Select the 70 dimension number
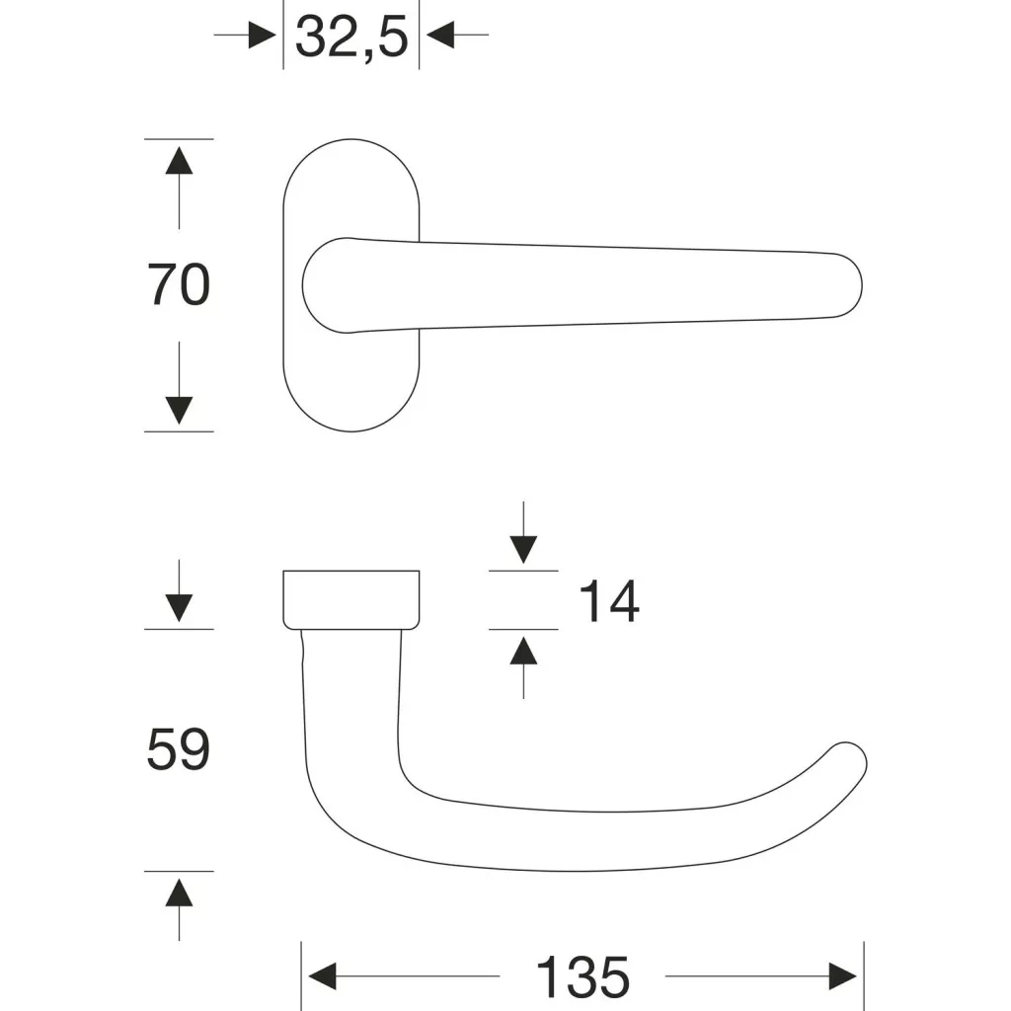pyautogui.click(x=179, y=285)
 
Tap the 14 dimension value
pyautogui.click(x=609, y=601)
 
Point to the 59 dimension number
pyautogui.click(x=179, y=748)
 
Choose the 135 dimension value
pyautogui.click(x=583, y=976)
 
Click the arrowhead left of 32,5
pyautogui.click(x=263, y=35)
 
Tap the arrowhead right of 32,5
pyautogui.click(x=439, y=35)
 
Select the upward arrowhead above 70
pyautogui.click(x=179, y=161)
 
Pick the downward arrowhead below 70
pyautogui.click(x=179, y=411)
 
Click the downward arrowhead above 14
pyautogui.click(x=523, y=550)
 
